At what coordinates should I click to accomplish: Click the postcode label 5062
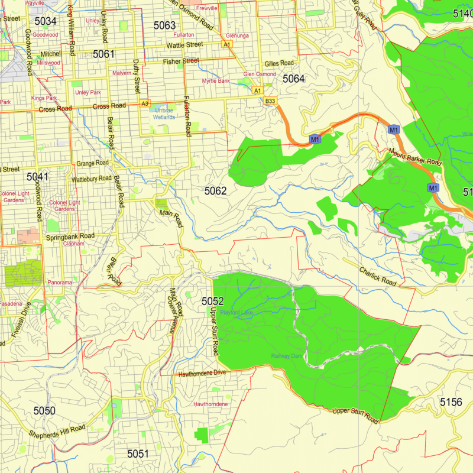pos(216,190)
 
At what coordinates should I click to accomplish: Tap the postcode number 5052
pos(213,302)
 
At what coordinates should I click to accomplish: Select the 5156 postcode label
pos(451,402)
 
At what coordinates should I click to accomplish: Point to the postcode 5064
pos(293,79)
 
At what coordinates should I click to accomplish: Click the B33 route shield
pos(270,101)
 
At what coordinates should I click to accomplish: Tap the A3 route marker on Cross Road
pos(145,103)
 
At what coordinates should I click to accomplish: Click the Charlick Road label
pos(377,275)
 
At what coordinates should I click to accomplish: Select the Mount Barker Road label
pos(415,155)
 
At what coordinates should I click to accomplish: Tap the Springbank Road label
pos(70,236)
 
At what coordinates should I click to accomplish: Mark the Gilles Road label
pos(279,63)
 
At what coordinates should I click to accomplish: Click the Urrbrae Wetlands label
pos(164,114)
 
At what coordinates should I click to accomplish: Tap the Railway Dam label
pos(287,355)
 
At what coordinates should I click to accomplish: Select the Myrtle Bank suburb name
pos(216,80)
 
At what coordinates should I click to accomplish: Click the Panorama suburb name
pos(60,283)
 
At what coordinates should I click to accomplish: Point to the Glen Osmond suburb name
pos(260,74)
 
